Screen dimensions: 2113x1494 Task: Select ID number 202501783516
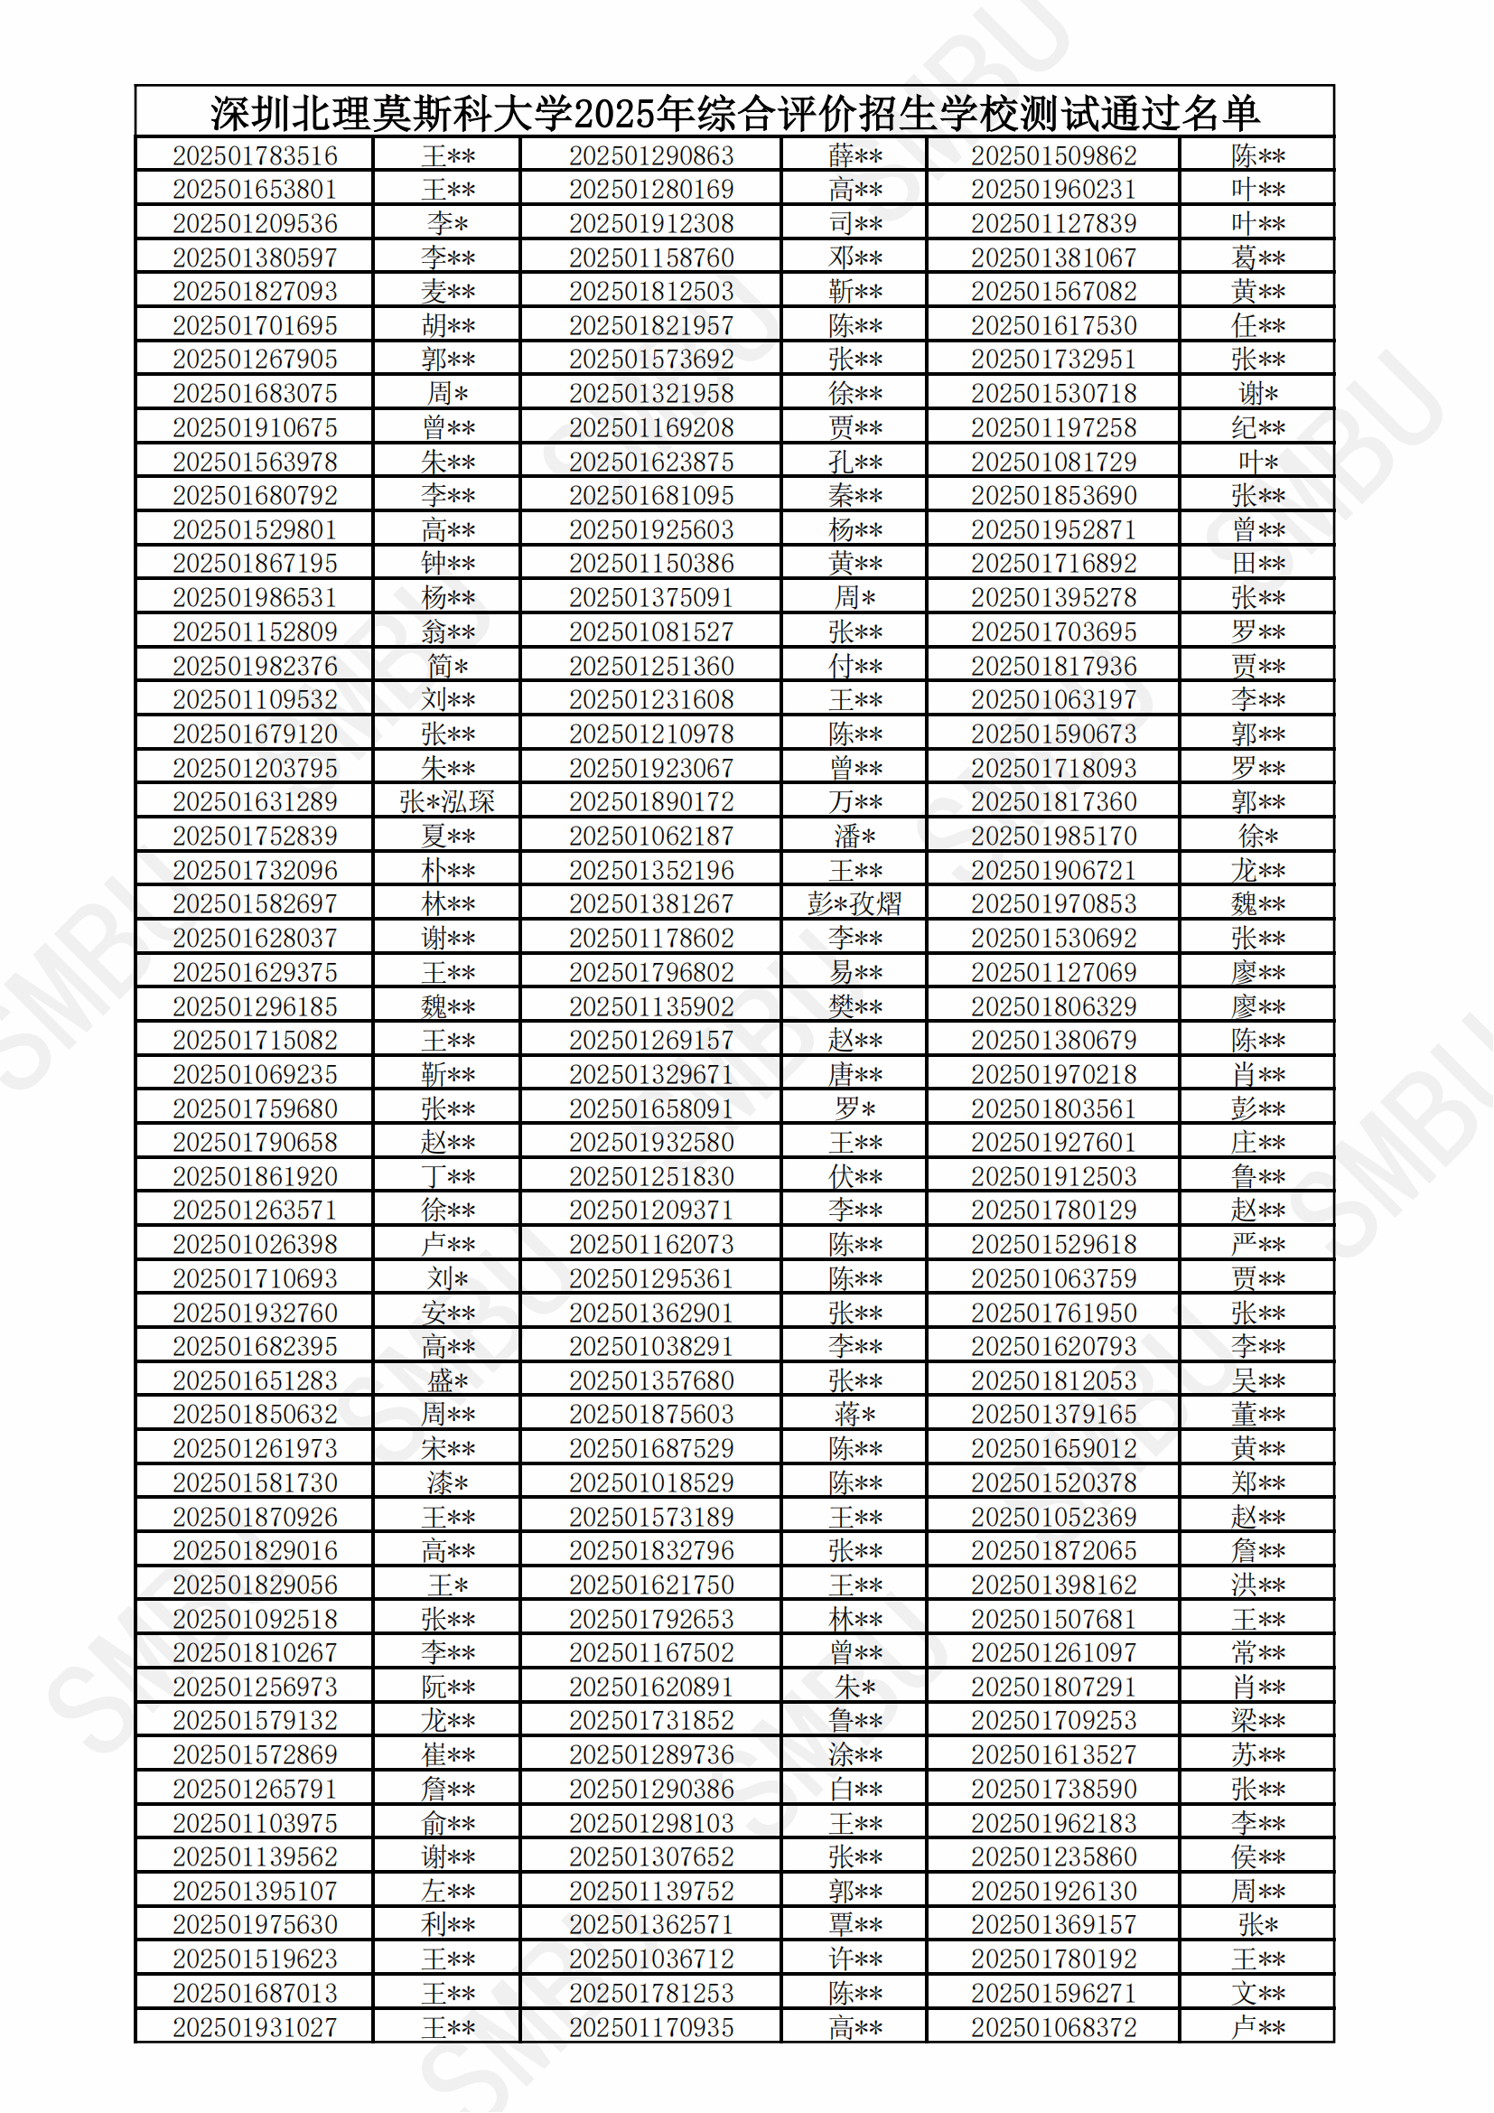point(255,155)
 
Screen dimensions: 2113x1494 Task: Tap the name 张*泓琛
point(447,801)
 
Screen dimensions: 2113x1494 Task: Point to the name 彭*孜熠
point(854,903)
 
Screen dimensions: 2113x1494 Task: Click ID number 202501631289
point(255,801)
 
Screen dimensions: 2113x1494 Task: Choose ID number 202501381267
point(651,903)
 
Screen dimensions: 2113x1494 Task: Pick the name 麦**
point(448,292)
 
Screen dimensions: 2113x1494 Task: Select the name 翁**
point(448,631)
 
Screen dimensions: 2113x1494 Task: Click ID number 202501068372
point(1053,2026)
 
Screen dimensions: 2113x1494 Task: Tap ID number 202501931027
point(255,2026)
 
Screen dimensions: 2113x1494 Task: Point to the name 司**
point(854,224)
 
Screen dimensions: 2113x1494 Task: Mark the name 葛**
point(1257,257)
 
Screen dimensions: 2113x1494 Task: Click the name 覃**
point(854,1924)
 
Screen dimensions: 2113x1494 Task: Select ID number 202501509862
point(1053,155)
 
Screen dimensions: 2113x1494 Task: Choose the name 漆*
point(448,1482)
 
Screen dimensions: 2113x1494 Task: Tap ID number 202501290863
point(651,155)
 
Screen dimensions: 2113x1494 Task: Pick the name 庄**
point(1257,1142)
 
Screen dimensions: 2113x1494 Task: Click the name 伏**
point(854,1176)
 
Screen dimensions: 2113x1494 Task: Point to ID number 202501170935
point(651,2026)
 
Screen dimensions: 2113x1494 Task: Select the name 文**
point(1257,1993)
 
